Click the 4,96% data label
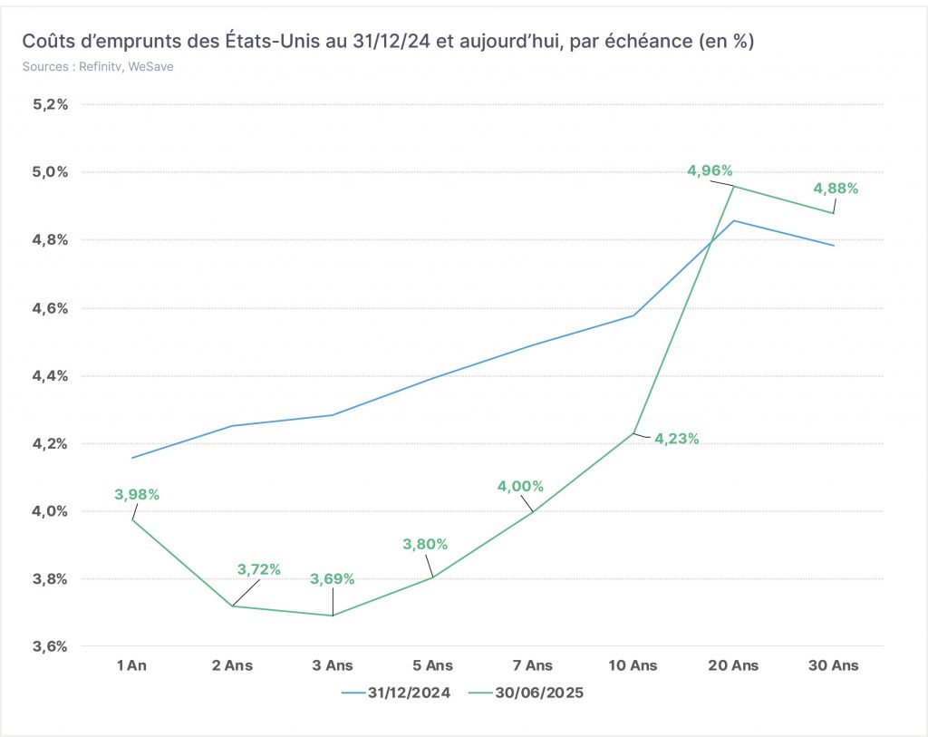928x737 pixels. pyautogui.click(x=710, y=170)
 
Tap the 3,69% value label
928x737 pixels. pyautogui.click(x=332, y=579)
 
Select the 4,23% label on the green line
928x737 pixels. pyautogui.click(x=676, y=439)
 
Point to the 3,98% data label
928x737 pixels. pyautogui.click(x=137, y=494)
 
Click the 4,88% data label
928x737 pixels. pyautogui.click(x=836, y=189)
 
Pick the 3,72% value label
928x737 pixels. pyautogui.click(x=258, y=569)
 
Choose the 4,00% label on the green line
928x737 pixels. pyautogui.click(x=520, y=486)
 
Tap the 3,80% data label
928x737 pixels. pyautogui.click(x=425, y=544)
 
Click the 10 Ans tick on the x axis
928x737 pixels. pyautogui.click(x=633, y=665)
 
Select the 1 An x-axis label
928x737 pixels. pyautogui.click(x=131, y=665)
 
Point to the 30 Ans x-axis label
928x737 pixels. pyautogui.click(x=834, y=665)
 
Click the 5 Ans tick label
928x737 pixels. pyautogui.click(x=432, y=665)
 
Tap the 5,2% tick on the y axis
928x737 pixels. pyautogui.click(x=51, y=105)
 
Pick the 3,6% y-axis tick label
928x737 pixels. pyautogui.click(x=51, y=646)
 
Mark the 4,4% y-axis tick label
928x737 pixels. pyautogui.click(x=51, y=376)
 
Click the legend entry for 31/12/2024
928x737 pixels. pyautogui.click(x=396, y=693)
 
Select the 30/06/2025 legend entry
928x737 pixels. pyautogui.click(x=526, y=693)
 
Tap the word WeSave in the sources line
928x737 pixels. pyautogui.click(x=151, y=67)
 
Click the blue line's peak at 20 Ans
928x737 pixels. pyautogui.click(x=734, y=221)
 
